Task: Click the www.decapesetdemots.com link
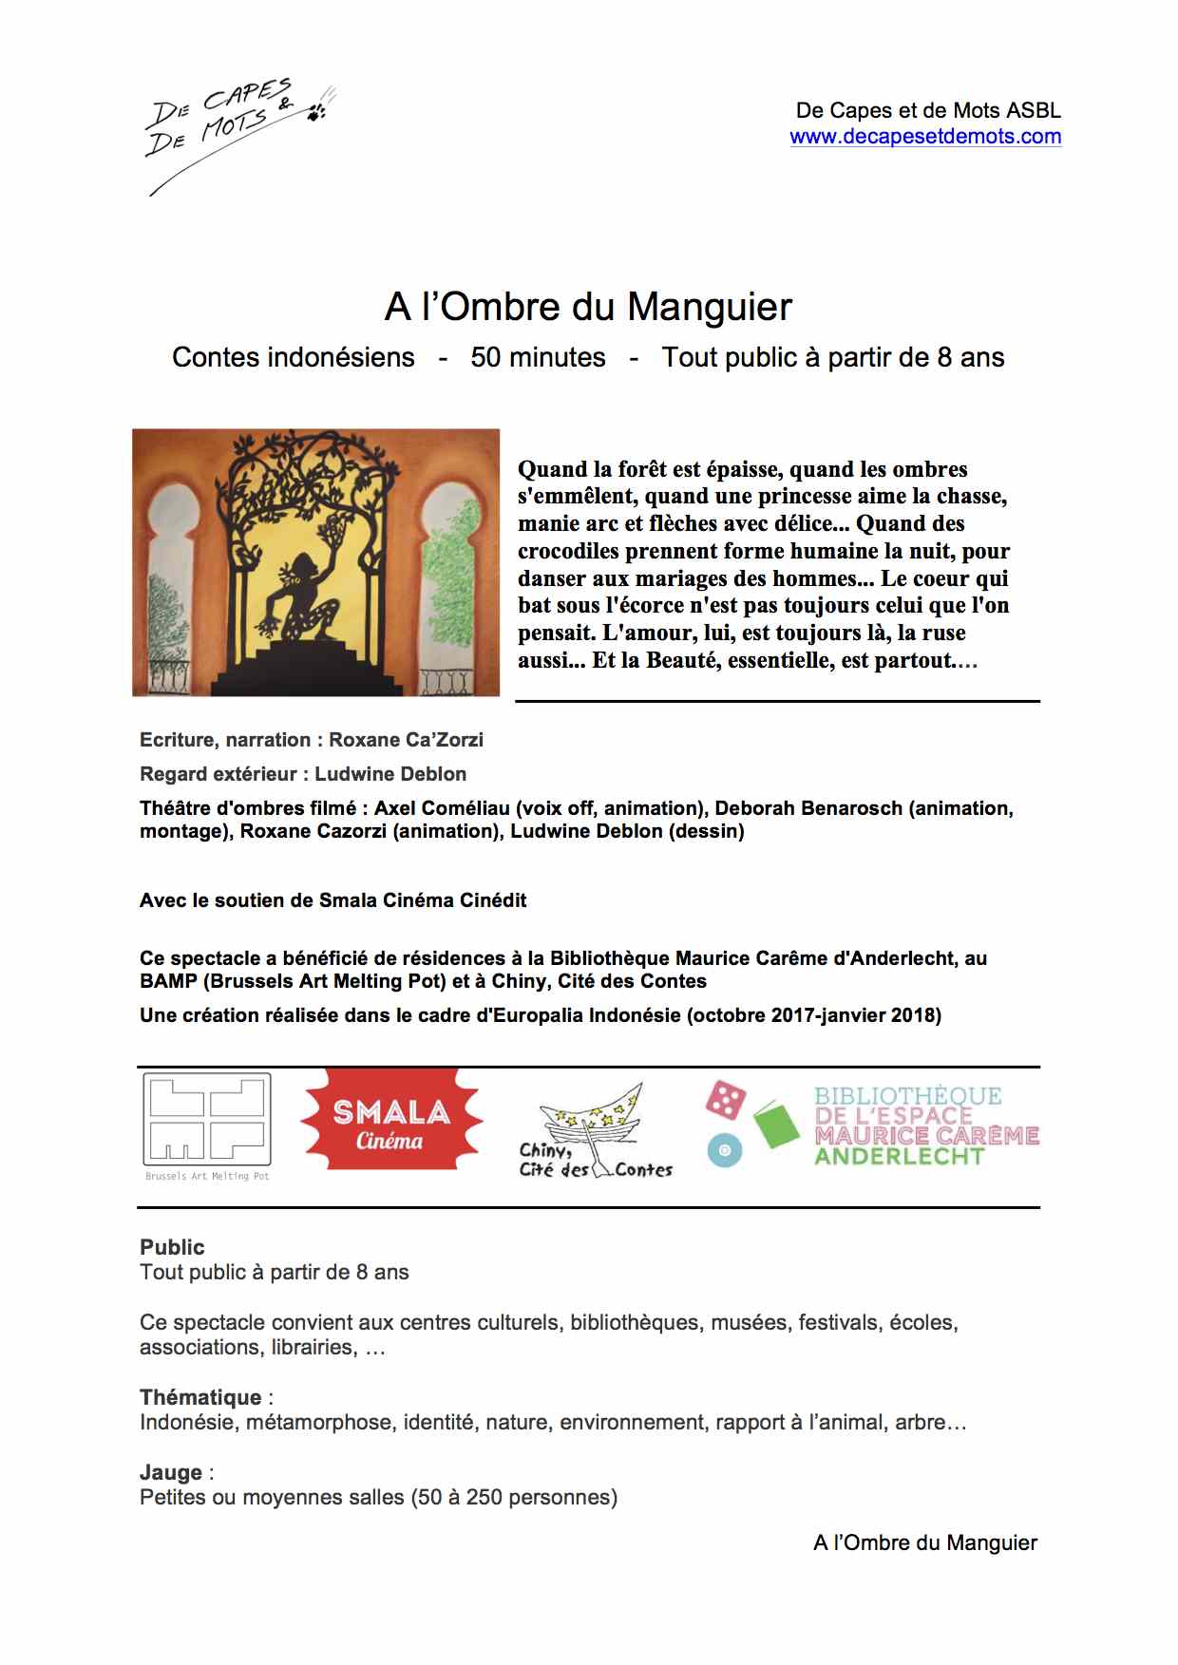[x=925, y=137]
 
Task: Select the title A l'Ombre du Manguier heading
[x=588, y=307]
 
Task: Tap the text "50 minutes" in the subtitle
[x=538, y=357]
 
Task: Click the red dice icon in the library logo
[x=726, y=1100]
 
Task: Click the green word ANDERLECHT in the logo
[x=899, y=1157]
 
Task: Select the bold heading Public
[x=172, y=1247]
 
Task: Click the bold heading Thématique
[x=200, y=1397]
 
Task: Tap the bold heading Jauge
[x=171, y=1472]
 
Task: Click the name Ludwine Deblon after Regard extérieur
[x=390, y=774]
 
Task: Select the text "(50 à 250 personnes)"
[x=514, y=1498]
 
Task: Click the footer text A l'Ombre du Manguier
[x=924, y=1542]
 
